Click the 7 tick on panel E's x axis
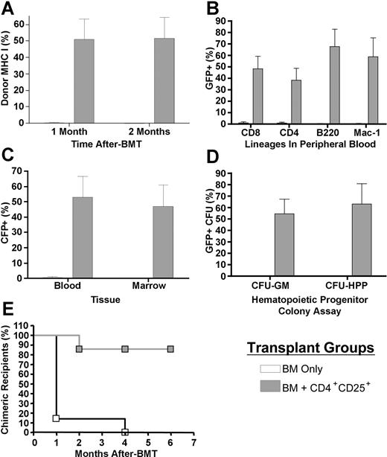pyautogui.click(x=193, y=441)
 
